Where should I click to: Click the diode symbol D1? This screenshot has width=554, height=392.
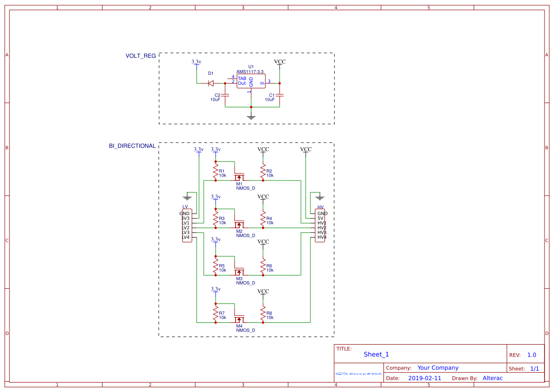click(210, 83)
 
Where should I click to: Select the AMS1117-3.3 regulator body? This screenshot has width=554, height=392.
click(251, 81)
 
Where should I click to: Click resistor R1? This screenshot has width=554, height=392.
click(216, 171)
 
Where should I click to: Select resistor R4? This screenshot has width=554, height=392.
click(263, 218)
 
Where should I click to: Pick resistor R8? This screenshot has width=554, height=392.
click(263, 313)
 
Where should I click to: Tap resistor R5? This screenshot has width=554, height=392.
click(216, 266)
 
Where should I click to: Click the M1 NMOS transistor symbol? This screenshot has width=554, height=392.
click(239, 177)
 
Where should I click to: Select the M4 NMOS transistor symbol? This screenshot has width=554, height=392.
click(239, 319)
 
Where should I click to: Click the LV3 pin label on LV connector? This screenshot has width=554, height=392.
click(186, 232)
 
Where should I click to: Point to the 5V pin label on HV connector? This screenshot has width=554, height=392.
click(320, 218)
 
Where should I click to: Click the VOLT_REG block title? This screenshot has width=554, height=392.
click(140, 56)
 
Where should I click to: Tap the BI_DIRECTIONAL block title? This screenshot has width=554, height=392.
click(132, 146)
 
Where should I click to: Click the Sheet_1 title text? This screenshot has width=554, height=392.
click(376, 354)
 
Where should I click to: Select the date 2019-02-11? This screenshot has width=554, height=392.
click(425, 378)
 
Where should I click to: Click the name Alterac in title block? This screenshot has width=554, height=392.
click(492, 378)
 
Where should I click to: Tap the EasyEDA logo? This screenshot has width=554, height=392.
click(359, 374)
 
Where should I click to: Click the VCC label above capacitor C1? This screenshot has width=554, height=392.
click(280, 62)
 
